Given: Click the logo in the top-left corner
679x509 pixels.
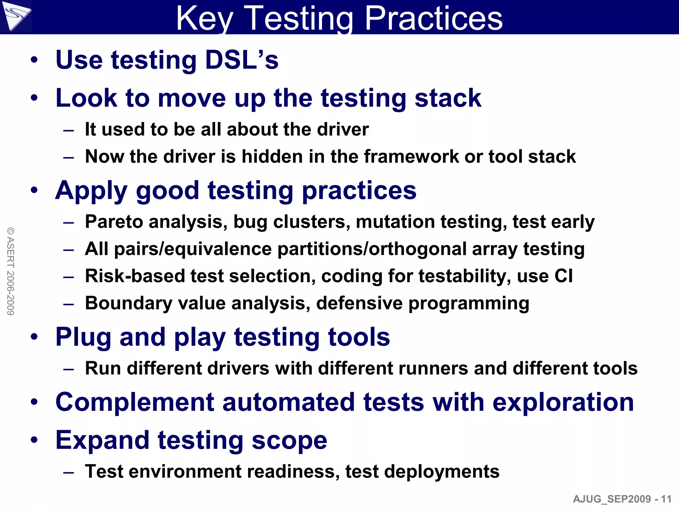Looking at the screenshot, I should pos(16,16).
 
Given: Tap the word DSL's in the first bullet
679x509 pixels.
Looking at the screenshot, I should pos(242,60).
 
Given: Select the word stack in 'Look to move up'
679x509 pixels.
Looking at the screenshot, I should pos(448,98).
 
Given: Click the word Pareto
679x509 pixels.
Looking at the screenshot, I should pos(114,222).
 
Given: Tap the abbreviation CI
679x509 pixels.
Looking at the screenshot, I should pos(563,276).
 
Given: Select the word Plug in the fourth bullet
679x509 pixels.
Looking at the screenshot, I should pos(83,337).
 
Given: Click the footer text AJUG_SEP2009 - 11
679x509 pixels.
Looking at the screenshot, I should pos(622,499).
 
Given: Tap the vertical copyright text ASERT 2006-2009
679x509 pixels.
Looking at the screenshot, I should pos(11,271).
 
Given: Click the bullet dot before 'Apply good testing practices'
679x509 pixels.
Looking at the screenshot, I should pos(34,191).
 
